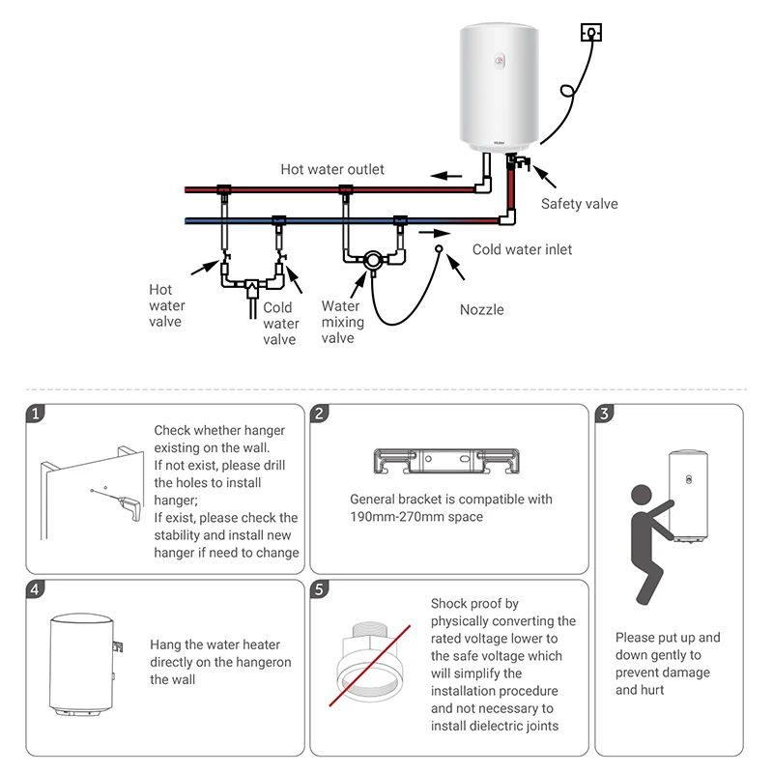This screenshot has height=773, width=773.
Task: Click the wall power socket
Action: (x=589, y=34)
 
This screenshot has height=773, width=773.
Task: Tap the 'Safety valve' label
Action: (x=579, y=204)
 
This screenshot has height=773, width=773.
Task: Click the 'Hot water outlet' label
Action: (x=332, y=169)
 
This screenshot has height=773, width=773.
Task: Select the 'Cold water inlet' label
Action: (x=522, y=249)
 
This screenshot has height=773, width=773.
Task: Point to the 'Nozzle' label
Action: (x=481, y=310)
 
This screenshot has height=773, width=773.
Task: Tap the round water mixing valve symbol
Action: (x=371, y=259)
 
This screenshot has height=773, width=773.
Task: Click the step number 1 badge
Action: (x=36, y=414)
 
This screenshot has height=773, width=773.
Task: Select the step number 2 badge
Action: (x=320, y=414)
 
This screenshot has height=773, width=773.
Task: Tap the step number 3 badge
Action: (x=604, y=414)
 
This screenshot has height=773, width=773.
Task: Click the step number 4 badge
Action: (x=36, y=588)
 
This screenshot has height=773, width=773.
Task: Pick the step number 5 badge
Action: (x=320, y=588)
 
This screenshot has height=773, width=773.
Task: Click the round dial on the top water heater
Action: (x=500, y=62)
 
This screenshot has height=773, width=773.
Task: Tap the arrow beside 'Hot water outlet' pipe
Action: (x=446, y=176)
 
